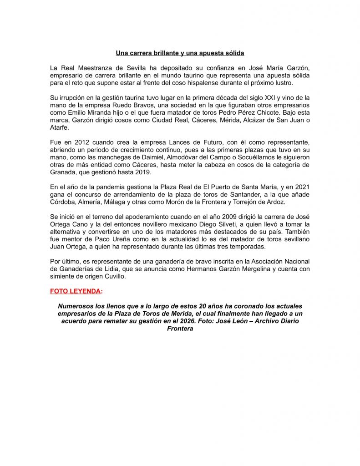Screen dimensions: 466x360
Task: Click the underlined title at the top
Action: pos(180,53)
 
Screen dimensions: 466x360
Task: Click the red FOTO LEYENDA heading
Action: pos(75,291)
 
